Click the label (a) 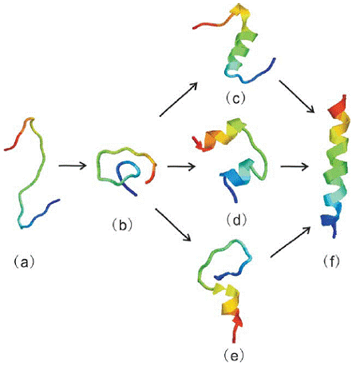(24, 263)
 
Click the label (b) (122, 225)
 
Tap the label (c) (235, 98)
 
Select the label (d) (236, 220)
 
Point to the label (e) (234, 355)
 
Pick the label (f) (331, 261)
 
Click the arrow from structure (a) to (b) (73, 165)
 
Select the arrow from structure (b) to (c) (178, 99)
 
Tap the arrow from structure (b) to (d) (181, 166)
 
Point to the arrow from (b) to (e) (173, 225)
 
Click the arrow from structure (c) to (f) (297, 96)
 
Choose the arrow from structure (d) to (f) (295, 166)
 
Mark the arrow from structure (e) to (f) (291, 242)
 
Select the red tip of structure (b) (149, 179)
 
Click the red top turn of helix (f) (338, 105)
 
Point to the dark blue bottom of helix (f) (330, 224)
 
